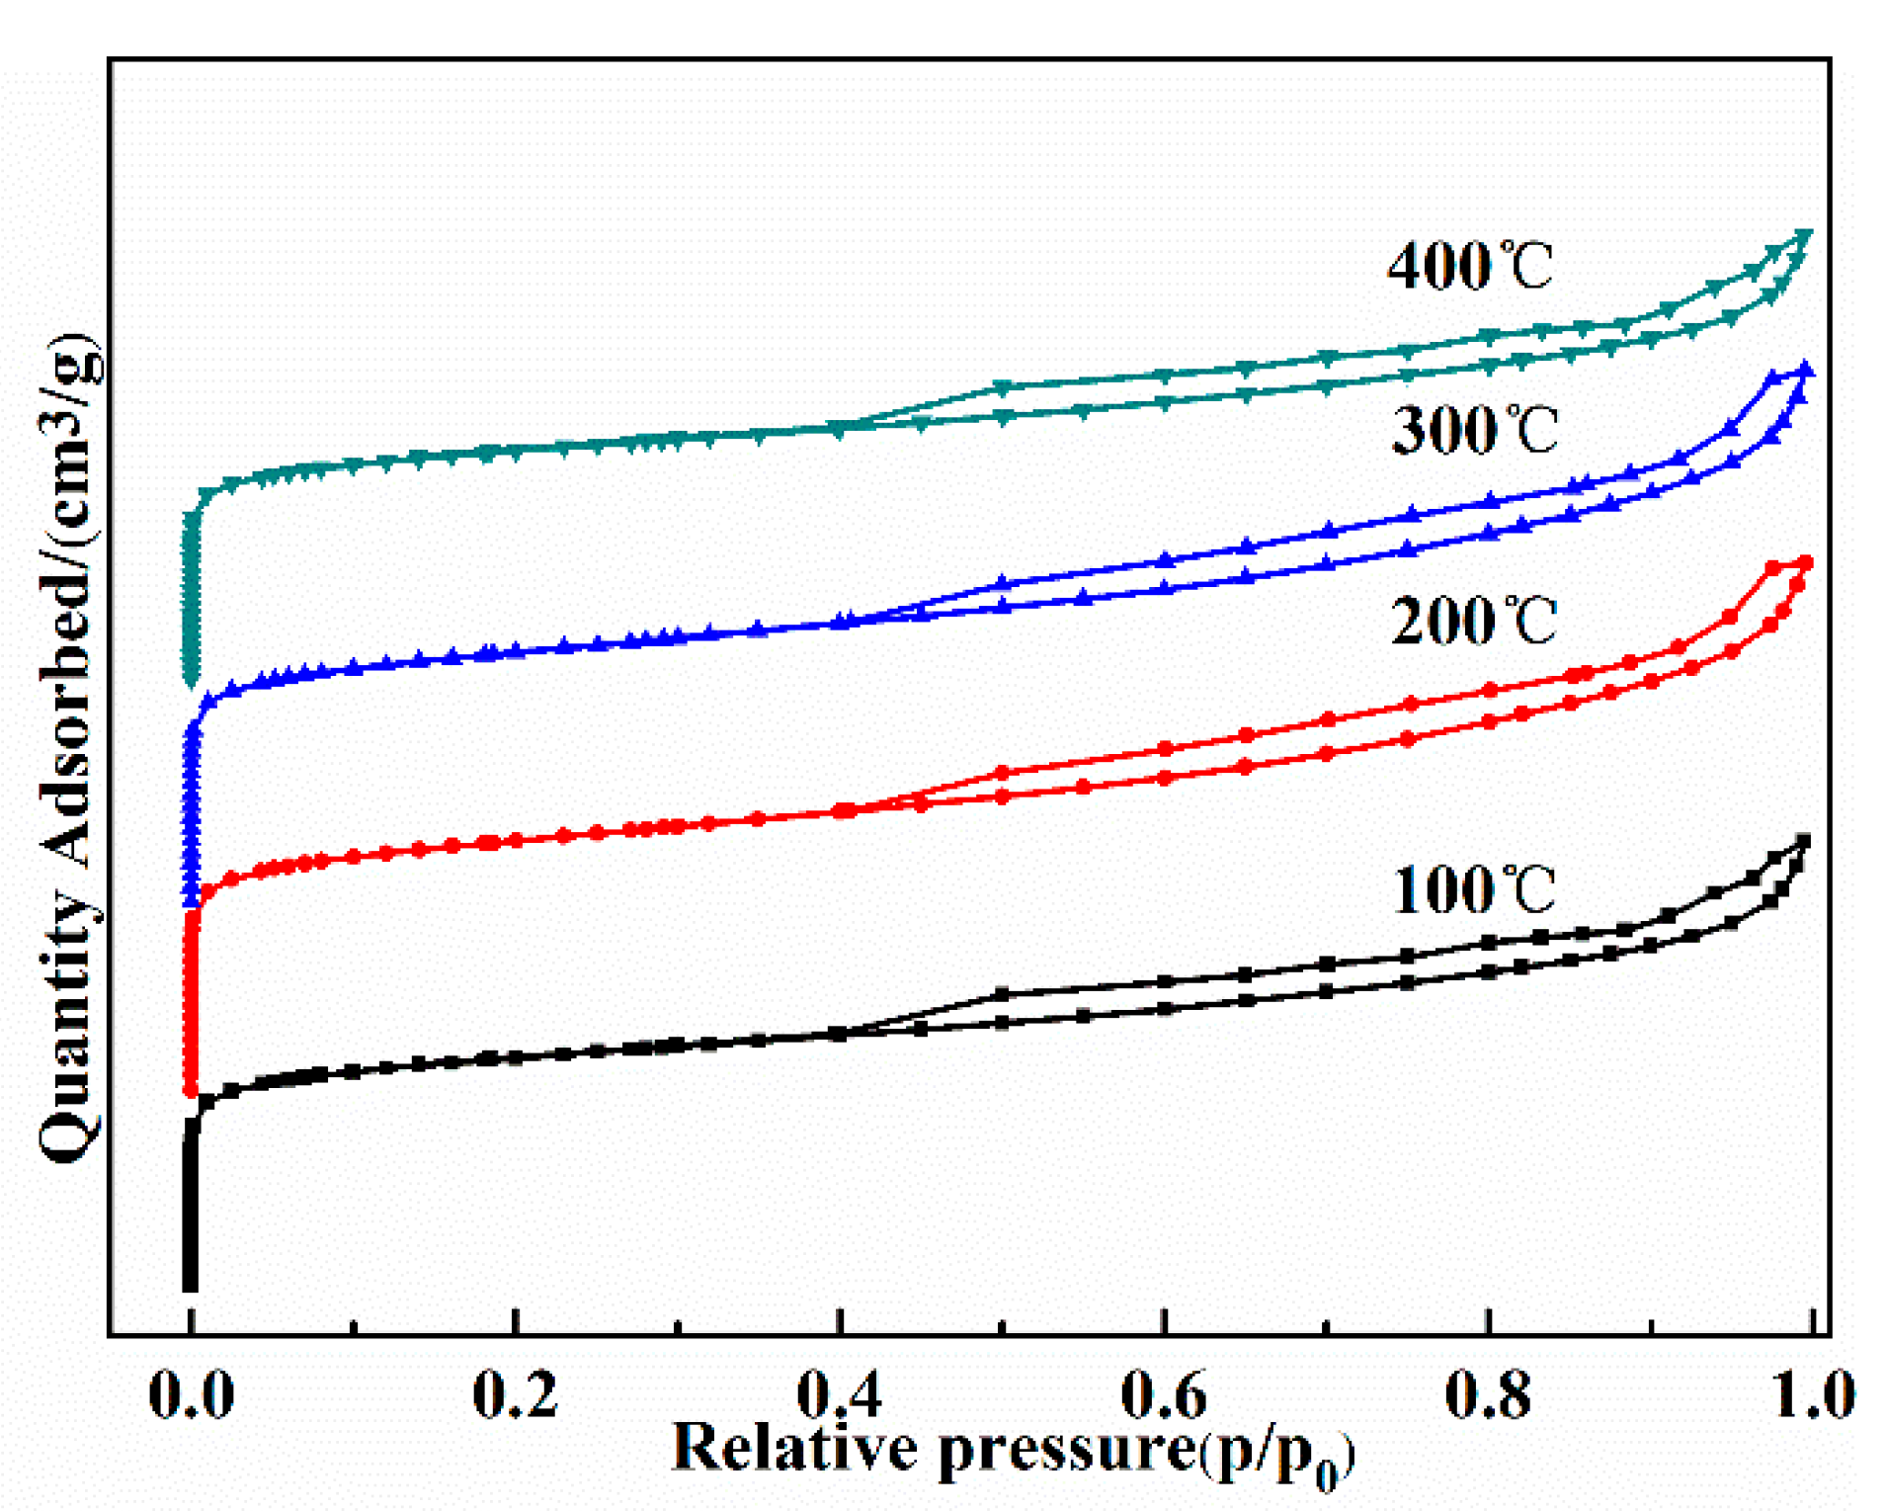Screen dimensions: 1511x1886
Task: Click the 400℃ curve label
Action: pos(1469,267)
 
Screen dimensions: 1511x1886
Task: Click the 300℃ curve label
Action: pos(1473,431)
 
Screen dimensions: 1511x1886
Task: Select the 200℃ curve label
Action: pos(1473,622)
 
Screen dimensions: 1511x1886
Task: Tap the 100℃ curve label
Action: pos(1473,889)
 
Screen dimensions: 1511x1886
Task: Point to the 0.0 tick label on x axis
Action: pos(191,1395)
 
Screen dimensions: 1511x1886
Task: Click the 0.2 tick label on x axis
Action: pos(515,1395)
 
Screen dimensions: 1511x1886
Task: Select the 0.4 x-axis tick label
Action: pos(839,1395)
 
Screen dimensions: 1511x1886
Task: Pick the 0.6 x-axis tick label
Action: pos(1163,1395)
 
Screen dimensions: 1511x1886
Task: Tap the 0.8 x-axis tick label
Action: pos(1487,1395)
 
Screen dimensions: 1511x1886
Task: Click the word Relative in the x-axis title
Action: pos(794,1449)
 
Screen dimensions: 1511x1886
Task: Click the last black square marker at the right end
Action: pos(1804,841)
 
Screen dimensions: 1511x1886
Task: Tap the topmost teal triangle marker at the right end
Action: pos(1806,235)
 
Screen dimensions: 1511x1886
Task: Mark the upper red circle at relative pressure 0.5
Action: pos(1002,773)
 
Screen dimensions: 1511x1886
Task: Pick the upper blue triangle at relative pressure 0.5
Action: pos(1002,583)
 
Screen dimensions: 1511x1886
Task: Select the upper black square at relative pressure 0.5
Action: pos(1002,993)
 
